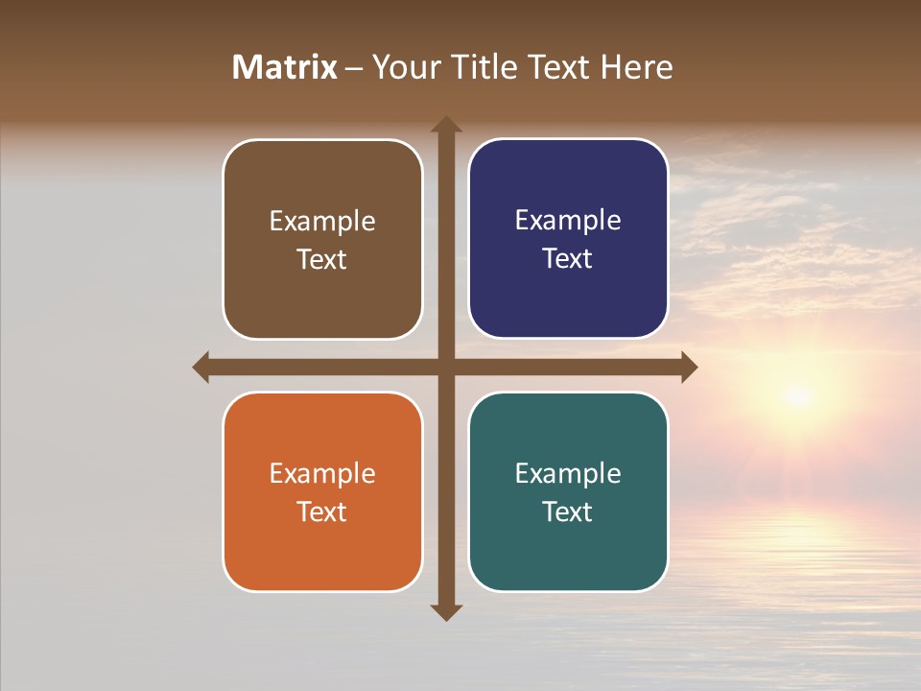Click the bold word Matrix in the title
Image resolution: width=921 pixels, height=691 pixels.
285,67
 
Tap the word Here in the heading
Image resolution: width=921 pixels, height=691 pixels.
636,67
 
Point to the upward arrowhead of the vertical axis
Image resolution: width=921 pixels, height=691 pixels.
446,126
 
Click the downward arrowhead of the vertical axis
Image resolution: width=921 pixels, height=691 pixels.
446,611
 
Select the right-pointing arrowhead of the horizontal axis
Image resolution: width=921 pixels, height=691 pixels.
688,367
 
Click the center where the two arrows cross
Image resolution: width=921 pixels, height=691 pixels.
446,367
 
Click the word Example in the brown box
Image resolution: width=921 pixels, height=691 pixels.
322,222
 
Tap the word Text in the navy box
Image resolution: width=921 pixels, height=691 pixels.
568,258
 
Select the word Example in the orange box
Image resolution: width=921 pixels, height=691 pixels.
322,473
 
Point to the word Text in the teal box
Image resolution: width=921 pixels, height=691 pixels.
568,512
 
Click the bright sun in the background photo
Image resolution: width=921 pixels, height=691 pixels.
796,394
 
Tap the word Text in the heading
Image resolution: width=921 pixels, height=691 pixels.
556,67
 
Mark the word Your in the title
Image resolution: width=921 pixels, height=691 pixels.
407,67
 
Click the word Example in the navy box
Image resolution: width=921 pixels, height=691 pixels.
568,221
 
